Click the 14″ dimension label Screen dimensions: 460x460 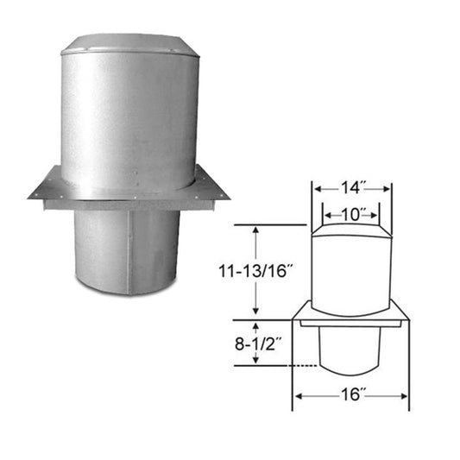click(x=352, y=186)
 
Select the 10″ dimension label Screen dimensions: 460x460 click(x=352, y=211)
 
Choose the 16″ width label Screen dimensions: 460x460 click(x=351, y=397)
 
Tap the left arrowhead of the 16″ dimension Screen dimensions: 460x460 click(x=298, y=397)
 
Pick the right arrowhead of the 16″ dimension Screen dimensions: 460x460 click(x=406, y=397)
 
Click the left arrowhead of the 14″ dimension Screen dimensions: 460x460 click(x=317, y=187)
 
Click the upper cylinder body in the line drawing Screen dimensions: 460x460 click(x=352, y=268)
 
